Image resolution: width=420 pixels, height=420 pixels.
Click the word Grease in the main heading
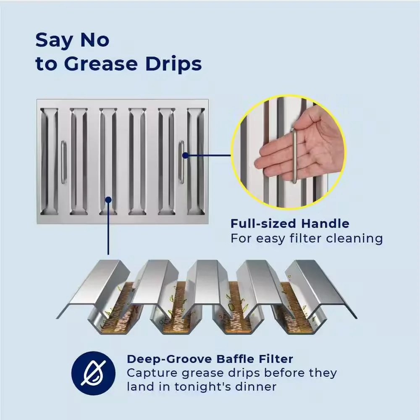coord(101,64)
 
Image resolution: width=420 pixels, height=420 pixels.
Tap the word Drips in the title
coord(173,63)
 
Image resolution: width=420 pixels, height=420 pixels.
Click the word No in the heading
coord(95,40)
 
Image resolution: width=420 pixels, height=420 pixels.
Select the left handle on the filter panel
coord(63,162)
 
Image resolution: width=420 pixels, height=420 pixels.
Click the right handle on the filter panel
coord(181,162)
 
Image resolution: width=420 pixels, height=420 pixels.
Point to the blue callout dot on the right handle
coord(185,155)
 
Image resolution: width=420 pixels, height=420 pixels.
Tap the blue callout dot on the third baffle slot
coord(108,200)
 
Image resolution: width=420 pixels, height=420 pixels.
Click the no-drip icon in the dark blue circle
coord(94,373)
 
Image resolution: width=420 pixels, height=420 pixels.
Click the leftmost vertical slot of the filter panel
coord(49,162)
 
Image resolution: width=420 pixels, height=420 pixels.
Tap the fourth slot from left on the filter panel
coord(137,162)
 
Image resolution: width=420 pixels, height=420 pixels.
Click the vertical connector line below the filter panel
coord(108,227)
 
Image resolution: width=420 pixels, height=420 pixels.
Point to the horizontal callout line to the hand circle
coord(208,155)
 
